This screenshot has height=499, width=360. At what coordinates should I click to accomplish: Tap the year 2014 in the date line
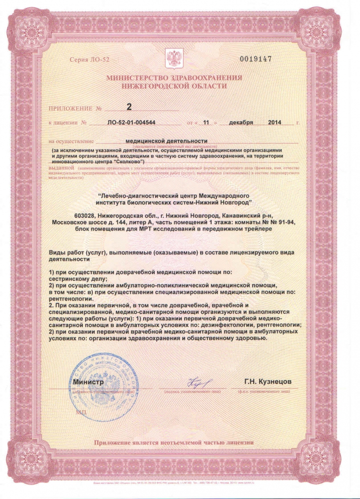pyautogui.click(x=275, y=122)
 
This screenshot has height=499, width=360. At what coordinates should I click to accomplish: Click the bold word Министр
pyautogui.click(x=88, y=382)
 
